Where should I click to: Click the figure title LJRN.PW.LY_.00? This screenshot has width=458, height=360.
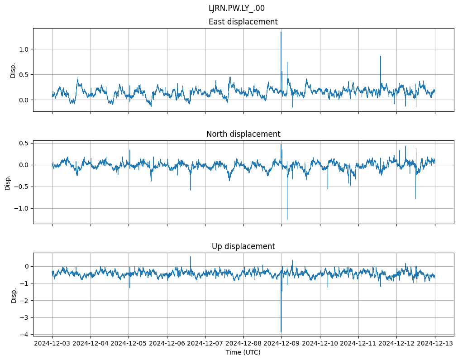click(237, 8)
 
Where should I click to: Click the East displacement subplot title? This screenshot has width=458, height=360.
click(243, 22)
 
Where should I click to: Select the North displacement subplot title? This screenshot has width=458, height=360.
click(243, 134)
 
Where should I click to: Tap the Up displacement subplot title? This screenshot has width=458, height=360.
click(243, 246)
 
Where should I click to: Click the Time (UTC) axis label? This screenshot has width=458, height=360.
click(243, 352)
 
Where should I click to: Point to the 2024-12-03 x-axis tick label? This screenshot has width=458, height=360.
click(52, 343)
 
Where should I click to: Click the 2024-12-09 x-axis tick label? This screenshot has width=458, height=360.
click(282, 343)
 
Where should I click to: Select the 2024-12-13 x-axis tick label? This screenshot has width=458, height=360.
click(435, 343)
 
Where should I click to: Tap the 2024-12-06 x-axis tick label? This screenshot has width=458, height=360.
click(167, 343)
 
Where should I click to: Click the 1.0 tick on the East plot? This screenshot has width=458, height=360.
click(23, 49)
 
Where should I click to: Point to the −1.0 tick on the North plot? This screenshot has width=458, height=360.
click(21, 208)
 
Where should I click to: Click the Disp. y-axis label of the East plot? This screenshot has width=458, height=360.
click(13, 70)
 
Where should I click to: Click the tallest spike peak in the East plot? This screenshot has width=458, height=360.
click(281, 32)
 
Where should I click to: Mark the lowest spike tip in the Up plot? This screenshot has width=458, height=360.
click(281, 332)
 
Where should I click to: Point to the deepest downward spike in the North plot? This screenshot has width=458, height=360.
click(287, 220)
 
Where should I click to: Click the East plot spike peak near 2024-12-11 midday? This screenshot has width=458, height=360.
click(381, 56)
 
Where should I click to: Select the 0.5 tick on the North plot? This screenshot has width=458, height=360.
click(23, 143)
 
